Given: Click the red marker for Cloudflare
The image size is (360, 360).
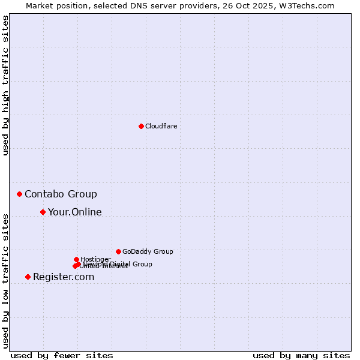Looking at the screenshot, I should pyautogui.click(x=141, y=126).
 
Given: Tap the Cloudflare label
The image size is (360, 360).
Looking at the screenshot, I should pyautogui.click(x=161, y=126).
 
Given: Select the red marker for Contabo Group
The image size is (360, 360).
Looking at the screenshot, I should pyautogui.click(x=20, y=194).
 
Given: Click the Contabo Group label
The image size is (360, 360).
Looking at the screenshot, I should pyautogui.click(x=61, y=194).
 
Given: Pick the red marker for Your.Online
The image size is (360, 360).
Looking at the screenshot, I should pyautogui.click(x=43, y=212).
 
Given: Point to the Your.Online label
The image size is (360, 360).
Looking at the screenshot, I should pyautogui.click(x=74, y=212).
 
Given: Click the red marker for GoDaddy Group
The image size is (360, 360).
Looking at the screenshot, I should pyautogui.click(x=118, y=251).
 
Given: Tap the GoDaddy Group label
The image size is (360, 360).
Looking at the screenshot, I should pyautogui.click(x=147, y=251).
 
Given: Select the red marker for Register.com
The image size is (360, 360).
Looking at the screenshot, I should pyautogui.click(x=28, y=277).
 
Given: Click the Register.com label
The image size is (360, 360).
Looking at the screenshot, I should pyautogui.click(x=64, y=277).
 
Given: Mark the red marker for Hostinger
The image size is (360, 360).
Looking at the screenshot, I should pyautogui.click(x=76, y=259).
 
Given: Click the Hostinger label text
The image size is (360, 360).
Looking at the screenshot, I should pyautogui.click(x=95, y=259).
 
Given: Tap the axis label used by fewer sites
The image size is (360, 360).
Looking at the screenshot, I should pyautogui.click(x=62, y=355).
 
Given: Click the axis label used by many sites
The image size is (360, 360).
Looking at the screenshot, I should pyautogui.click(x=301, y=355).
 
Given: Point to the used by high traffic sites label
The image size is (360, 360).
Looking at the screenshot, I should pyautogui.click(x=5, y=85).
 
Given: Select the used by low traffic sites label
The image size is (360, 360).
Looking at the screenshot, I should pyautogui.click(x=5, y=280).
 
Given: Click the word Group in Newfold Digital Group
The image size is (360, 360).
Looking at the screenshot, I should pyautogui.click(x=142, y=264).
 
